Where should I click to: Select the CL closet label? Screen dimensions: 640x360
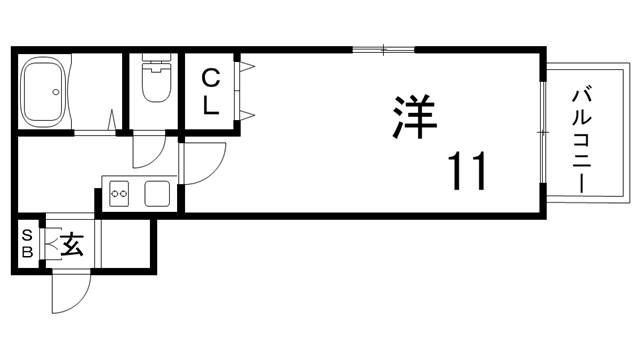pyautogui.click(x=211, y=92)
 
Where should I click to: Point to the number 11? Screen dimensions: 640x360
pyautogui.click(x=466, y=172)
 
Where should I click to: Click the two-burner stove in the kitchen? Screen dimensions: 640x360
pyautogui.click(x=119, y=191)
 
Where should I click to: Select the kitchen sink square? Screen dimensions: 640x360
pyautogui.click(x=157, y=192)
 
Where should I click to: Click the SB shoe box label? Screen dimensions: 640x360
pyautogui.click(x=27, y=244)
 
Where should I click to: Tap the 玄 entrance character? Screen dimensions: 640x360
pyautogui.click(x=71, y=243)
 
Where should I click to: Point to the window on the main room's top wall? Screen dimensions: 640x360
pyautogui.click(x=383, y=48)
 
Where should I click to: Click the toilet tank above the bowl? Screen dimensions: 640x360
pyautogui.click(x=156, y=59)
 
